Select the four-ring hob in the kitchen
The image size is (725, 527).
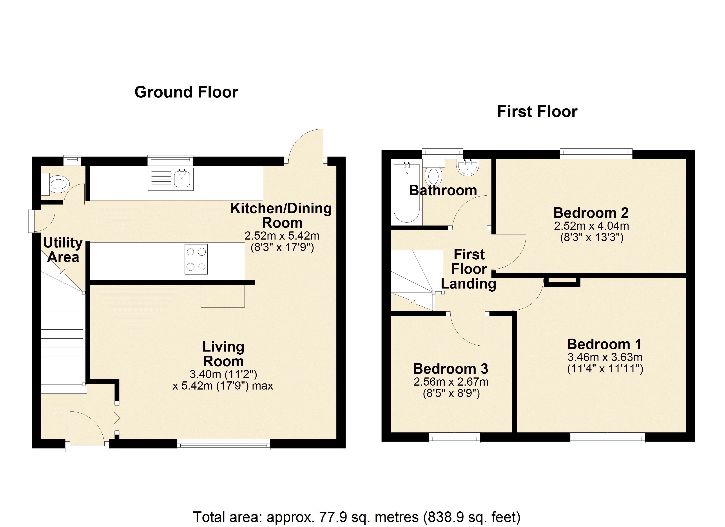(196, 259)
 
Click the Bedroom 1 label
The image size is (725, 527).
(604, 344)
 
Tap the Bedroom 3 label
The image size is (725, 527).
(451, 369)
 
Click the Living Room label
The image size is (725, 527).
(223, 354)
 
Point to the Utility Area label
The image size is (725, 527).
(63, 250)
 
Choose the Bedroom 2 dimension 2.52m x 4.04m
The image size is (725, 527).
(591, 226)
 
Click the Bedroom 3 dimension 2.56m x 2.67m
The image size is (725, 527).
(451, 382)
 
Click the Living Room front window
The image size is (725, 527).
(223, 444)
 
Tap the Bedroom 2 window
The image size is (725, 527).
(596, 154)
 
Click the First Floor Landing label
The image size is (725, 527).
(469, 269)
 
